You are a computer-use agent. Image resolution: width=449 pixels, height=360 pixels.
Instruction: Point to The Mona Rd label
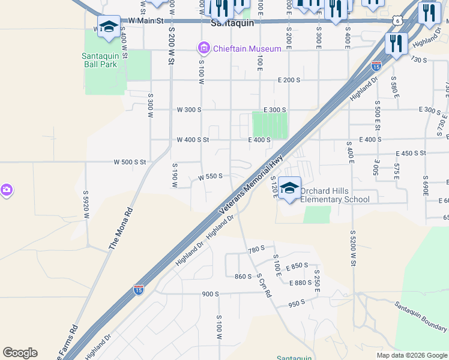pos(120,229)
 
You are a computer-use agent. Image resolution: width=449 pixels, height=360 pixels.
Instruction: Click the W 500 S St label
pos(130,162)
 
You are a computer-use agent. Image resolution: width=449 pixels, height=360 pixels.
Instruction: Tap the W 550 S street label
pos(211,176)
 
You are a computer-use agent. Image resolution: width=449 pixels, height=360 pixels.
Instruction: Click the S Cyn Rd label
pos(264,286)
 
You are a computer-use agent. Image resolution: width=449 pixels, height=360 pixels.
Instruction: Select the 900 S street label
pos(211,294)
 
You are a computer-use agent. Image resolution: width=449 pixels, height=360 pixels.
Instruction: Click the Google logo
pos(20,353)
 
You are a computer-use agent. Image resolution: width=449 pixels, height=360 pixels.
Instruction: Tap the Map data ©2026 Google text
pos(411,355)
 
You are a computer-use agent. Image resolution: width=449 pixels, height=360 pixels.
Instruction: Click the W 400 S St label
pos(193,140)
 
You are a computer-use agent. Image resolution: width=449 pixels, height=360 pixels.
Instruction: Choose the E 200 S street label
pos(289,80)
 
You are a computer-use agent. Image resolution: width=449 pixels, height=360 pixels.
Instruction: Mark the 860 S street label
pos(243,277)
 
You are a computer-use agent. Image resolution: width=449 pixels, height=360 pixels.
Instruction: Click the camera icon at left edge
pos(6,190)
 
